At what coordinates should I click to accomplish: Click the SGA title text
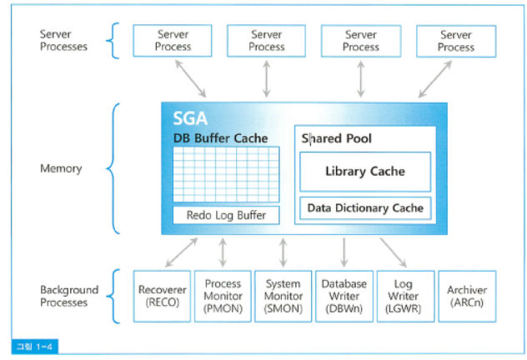pos(191,118)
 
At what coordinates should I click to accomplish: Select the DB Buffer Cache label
pos(220,137)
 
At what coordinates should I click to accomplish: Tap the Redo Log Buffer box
pos(226,215)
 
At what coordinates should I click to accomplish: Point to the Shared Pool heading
pos(337,138)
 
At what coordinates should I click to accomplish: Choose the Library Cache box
pos(364,172)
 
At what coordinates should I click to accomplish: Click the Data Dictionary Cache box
pos(364,208)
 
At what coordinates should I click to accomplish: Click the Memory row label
pos(61,168)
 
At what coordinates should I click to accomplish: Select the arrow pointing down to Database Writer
pos(344,252)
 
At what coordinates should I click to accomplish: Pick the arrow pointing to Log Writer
pos(394,252)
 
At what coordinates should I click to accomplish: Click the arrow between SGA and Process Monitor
pos(223,252)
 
